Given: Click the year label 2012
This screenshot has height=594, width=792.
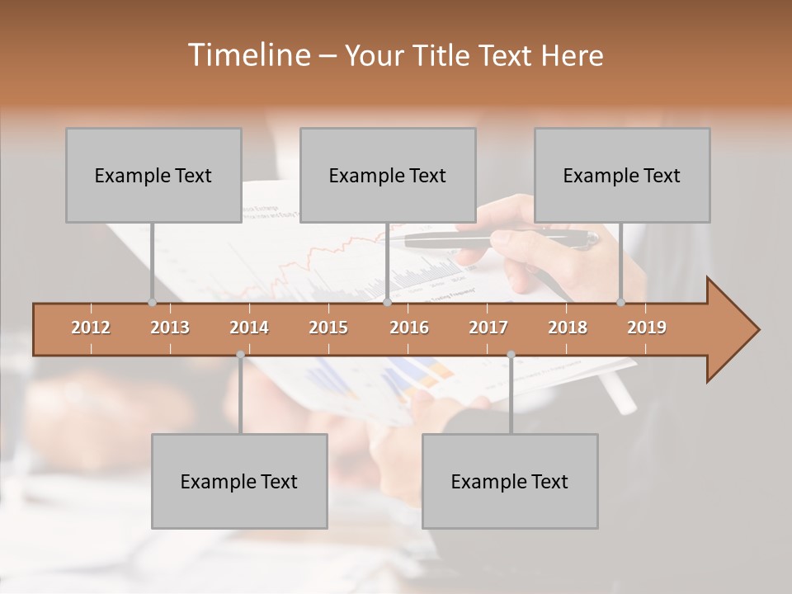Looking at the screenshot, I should click(91, 328).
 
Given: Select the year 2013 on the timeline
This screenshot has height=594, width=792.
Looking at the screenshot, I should click(170, 328).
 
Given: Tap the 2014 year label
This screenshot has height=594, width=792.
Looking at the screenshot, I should click(249, 328).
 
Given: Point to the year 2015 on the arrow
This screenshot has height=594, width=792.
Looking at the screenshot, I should click(328, 328).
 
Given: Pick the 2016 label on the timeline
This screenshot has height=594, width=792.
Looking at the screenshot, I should click(409, 328).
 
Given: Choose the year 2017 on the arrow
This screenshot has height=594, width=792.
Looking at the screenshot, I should click(488, 328).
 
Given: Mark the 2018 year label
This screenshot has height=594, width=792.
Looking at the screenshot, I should click(568, 328).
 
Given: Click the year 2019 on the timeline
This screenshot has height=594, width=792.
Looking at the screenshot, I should click(647, 328).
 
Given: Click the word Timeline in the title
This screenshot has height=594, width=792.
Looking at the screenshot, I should click(247, 55).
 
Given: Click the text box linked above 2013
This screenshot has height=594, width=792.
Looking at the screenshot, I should click(153, 175).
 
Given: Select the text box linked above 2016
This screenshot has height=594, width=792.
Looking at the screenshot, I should click(388, 175).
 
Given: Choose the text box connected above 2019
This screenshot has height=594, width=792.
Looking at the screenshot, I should click(622, 175).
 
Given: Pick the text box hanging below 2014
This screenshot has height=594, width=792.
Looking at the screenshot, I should click(239, 481).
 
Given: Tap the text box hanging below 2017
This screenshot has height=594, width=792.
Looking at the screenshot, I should click(510, 481).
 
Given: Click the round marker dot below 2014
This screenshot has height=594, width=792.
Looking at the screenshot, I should click(240, 355).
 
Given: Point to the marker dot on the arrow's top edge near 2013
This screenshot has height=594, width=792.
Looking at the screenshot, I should click(152, 303).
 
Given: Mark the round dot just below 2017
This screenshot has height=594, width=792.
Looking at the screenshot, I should click(511, 355).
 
